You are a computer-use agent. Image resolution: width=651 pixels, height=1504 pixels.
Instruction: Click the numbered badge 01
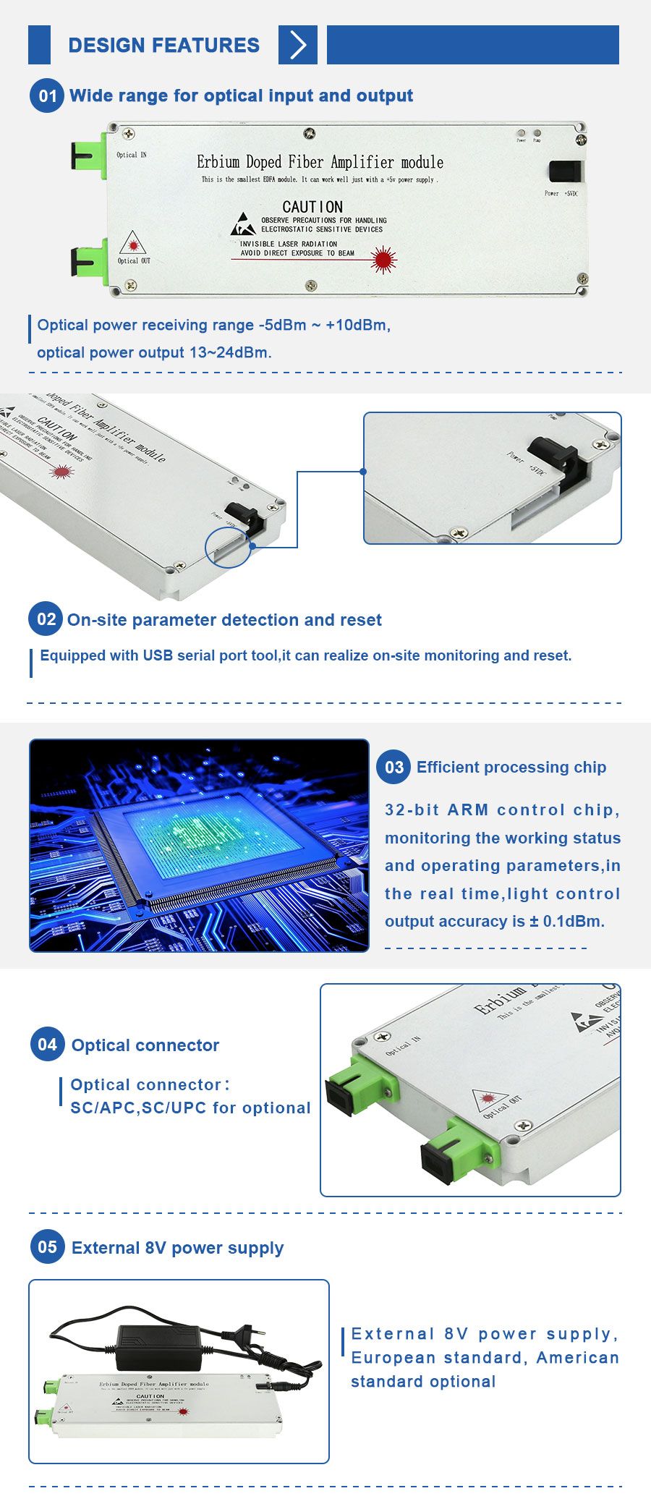point(48,96)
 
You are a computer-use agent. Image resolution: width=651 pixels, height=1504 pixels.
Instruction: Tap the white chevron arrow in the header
point(297,45)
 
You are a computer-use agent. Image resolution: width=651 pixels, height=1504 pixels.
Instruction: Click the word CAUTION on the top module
point(312,207)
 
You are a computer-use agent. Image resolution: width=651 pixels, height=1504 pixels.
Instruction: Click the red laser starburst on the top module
point(383,258)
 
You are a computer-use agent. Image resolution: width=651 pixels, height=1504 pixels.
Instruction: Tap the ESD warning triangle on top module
point(243,225)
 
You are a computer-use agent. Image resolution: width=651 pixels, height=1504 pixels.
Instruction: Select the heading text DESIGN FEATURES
point(163,46)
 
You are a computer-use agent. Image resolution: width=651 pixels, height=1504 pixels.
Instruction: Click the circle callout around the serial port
point(228,547)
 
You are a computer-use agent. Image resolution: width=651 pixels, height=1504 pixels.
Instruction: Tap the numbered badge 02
point(46,619)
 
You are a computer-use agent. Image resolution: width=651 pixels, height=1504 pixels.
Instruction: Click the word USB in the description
point(158,655)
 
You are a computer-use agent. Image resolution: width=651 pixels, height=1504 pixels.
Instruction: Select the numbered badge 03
point(393,768)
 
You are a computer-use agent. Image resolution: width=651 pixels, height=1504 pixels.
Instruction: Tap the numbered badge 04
point(48,1045)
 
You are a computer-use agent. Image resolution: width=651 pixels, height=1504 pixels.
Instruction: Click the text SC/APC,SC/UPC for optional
point(190,1108)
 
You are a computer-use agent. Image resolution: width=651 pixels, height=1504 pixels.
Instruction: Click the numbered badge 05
point(48,1247)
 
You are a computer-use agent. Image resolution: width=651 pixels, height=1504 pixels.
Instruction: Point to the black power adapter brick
point(158,1348)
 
